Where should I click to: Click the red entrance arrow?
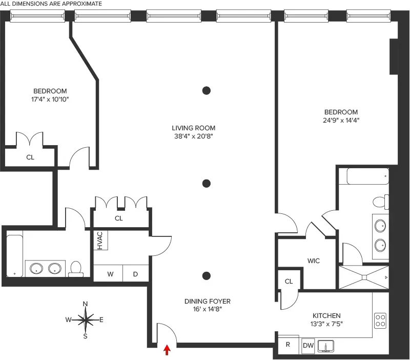pyautogui.click(x=167, y=350)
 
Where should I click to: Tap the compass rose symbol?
pyautogui.click(x=86, y=320)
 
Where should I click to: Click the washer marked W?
pyautogui.click(x=110, y=274)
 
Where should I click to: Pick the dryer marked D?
pyautogui.click(x=136, y=274)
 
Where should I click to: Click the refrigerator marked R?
pyautogui.click(x=288, y=345)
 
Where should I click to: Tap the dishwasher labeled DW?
pyautogui.click(x=308, y=345)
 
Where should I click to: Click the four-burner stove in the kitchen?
pyautogui.click(x=380, y=321)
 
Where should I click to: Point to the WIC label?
pyautogui.click(x=314, y=261)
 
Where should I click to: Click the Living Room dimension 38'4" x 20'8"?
pyautogui.click(x=194, y=136)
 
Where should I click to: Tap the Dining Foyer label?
pyautogui.click(x=208, y=301)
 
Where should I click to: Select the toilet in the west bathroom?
pyautogui.click(x=76, y=268)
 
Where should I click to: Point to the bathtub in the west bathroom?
pyautogui.click(x=14, y=255)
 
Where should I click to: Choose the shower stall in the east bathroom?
pyautogui.click(x=363, y=277)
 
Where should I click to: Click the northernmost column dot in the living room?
pyautogui.click(x=206, y=91)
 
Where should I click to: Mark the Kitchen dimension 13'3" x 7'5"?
pyautogui.click(x=326, y=324)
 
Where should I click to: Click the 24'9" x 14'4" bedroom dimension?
pyautogui.click(x=340, y=121)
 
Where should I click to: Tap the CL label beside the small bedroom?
pyautogui.click(x=30, y=157)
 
